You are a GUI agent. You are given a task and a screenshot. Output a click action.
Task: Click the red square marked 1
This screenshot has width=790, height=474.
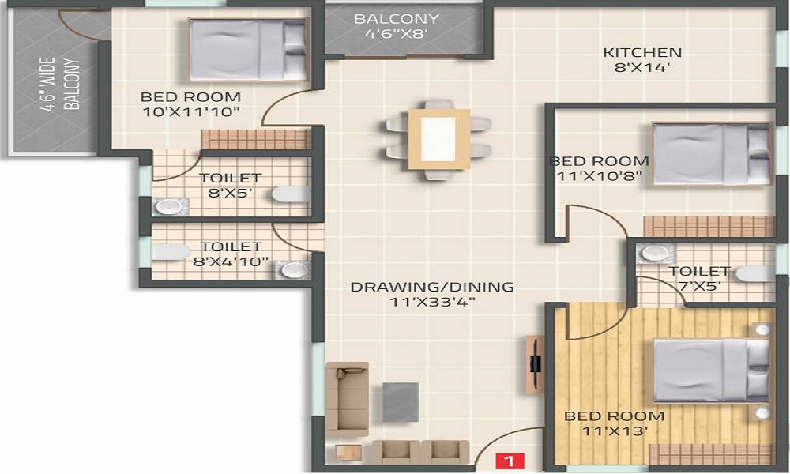(x=510, y=459)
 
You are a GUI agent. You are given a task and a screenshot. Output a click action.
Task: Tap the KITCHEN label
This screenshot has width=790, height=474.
(x=642, y=53)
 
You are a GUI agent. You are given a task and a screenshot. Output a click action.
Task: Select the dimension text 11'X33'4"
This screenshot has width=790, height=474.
(x=432, y=302)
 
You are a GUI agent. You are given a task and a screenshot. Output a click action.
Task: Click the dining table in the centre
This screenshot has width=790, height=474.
(x=438, y=139)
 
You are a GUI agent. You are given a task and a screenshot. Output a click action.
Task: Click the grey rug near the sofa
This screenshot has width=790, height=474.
(x=401, y=401)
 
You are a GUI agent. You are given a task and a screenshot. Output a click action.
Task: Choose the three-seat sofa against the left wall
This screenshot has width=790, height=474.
(x=347, y=398)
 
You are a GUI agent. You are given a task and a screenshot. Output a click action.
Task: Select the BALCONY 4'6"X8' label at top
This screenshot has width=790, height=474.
(x=396, y=26)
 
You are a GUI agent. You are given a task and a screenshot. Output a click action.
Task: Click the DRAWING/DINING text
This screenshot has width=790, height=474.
(x=432, y=287)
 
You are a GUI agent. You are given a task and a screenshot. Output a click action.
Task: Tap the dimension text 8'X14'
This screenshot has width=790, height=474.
(x=642, y=68)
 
